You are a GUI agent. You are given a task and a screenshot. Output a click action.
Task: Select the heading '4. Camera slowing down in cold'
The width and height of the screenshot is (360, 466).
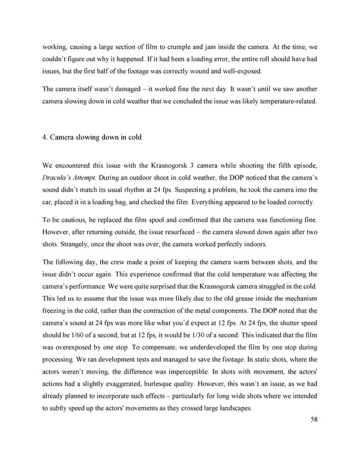click(x=92, y=136)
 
